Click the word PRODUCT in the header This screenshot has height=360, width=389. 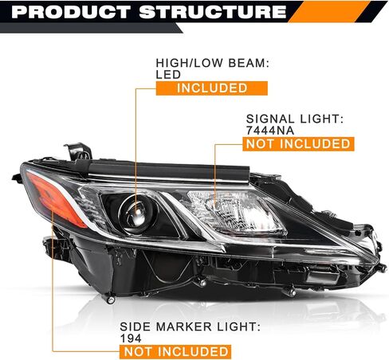tap(71, 12)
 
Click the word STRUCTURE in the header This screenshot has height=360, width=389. tap(213, 12)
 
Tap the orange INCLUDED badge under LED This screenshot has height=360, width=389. tap(212, 88)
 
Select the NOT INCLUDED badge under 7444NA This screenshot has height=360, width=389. tap(298, 144)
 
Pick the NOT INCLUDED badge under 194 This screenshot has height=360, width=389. tap(175, 352)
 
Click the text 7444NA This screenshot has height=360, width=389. tap(270, 131)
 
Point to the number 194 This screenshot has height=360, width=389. tap(131, 338)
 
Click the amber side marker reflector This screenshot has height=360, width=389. tap(57, 200)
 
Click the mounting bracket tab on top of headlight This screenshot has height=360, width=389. tap(78, 152)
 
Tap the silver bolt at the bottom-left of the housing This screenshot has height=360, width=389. tap(111, 299)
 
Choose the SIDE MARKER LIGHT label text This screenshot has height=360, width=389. tap(190, 327)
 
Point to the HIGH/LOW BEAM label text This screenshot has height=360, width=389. tap(213, 63)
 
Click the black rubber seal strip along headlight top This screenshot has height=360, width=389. tap(169, 170)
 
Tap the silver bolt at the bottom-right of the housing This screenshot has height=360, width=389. tap(291, 292)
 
